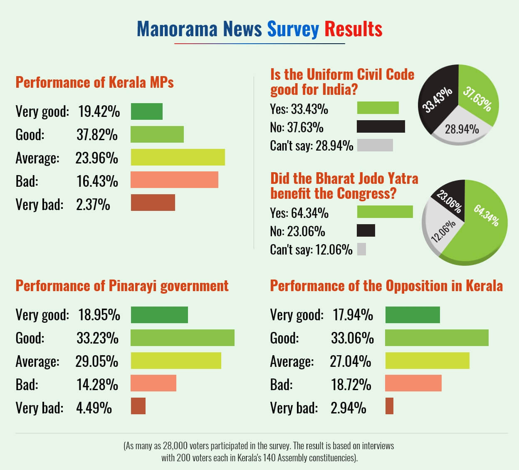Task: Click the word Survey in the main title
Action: (x=293, y=29)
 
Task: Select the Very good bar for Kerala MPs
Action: (x=146, y=111)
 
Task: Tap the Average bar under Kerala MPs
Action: (x=178, y=157)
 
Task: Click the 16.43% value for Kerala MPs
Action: (x=97, y=181)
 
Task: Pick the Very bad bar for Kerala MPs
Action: (x=153, y=203)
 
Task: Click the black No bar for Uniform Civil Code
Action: (x=381, y=126)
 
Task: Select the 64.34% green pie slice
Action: (x=482, y=225)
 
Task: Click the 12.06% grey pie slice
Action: (x=441, y=233)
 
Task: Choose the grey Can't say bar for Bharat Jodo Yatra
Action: (x=361, y=249)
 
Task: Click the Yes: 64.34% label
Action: (x=299, y=213)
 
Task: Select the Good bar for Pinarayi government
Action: (x=183, y=338)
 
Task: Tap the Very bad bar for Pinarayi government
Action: (x=138, y=406)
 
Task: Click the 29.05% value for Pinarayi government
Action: (x=96, y=361)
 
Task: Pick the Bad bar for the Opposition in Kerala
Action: (x=413, y=383)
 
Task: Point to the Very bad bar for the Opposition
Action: (x=389, y=406)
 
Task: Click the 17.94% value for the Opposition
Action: (x=353, y=315)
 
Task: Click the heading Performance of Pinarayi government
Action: (x=122, y=286)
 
